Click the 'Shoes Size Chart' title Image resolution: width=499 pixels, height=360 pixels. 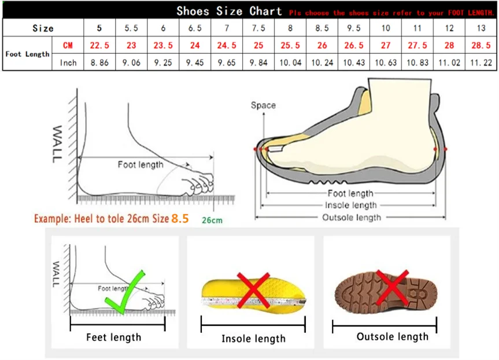coord(229,11)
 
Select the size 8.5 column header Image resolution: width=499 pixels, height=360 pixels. coord(321,28)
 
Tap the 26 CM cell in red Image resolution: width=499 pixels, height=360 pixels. coord(321,45)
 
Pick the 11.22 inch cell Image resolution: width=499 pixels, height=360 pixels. coord(480,63)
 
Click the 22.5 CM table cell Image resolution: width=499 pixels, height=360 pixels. coord(99,45)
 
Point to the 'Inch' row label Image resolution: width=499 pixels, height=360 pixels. coord(68,63)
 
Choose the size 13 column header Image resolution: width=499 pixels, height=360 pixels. coord(480,28)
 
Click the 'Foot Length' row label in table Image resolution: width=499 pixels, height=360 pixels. coord(28,54)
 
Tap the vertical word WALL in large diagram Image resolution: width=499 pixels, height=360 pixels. coord(58,143)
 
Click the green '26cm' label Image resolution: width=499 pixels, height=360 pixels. coord(212,220)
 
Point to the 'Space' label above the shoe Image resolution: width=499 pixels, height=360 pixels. coord(263,105)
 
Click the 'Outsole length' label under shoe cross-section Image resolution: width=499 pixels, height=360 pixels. coord(351,217)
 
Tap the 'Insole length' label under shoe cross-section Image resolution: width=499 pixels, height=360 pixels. coord(351,205)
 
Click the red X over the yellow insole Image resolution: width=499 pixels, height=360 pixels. coord(252,289)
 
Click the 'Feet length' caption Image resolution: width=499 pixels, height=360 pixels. coord(113,337)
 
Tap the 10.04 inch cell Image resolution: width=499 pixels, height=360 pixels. coord(290,63)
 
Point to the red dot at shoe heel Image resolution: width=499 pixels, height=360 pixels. coord(445,149)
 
